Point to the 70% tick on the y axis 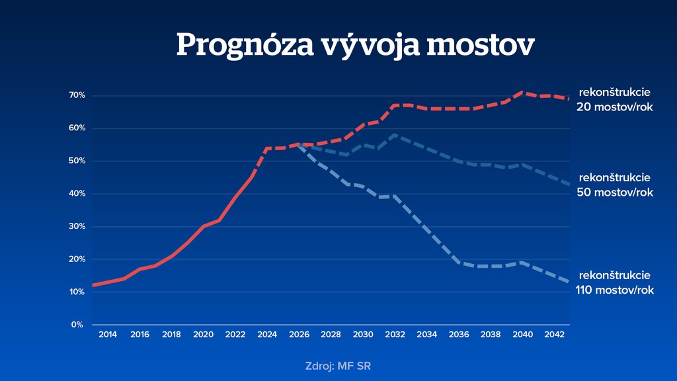coord(77,95)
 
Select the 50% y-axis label coord(77,161)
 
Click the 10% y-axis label coord(77,292)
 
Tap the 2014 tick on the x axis coord(108,335)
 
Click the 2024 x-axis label coord(267,335)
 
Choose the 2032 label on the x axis coord(395,335)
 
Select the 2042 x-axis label coord(554,335)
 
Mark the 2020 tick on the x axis coord(204,335)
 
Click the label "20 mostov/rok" coord(615,106)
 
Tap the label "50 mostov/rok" coord(615,192)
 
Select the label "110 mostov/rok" coord(615,290)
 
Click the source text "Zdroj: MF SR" coord(343,366)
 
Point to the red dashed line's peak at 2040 coord(522,93)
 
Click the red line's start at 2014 coord(93,285)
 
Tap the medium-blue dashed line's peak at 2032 coord(395,135)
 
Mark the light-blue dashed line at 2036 coord(458,263)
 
